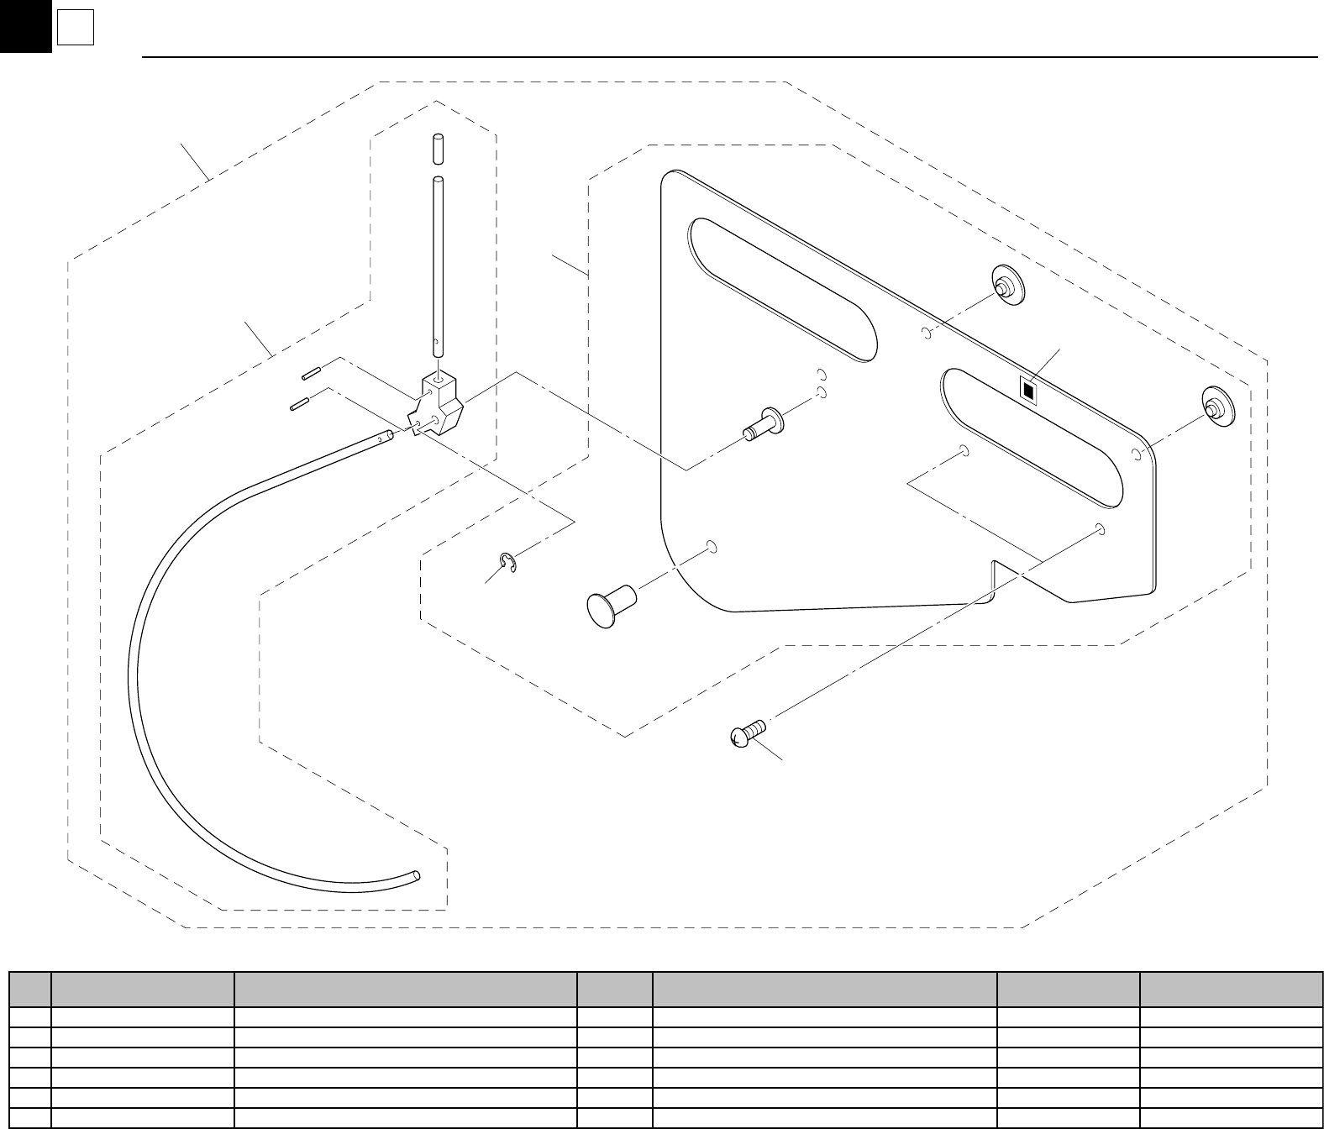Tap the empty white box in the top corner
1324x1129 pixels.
point(75,30)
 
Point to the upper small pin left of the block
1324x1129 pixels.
point(308,372)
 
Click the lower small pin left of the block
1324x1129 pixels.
point(300,405)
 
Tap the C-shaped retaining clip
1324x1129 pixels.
point(507,564)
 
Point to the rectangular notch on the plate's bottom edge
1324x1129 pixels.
point(993,579)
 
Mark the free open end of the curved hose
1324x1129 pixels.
point(417,876)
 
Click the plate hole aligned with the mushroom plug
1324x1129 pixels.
point(712,547)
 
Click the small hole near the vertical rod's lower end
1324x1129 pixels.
point(437,342)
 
